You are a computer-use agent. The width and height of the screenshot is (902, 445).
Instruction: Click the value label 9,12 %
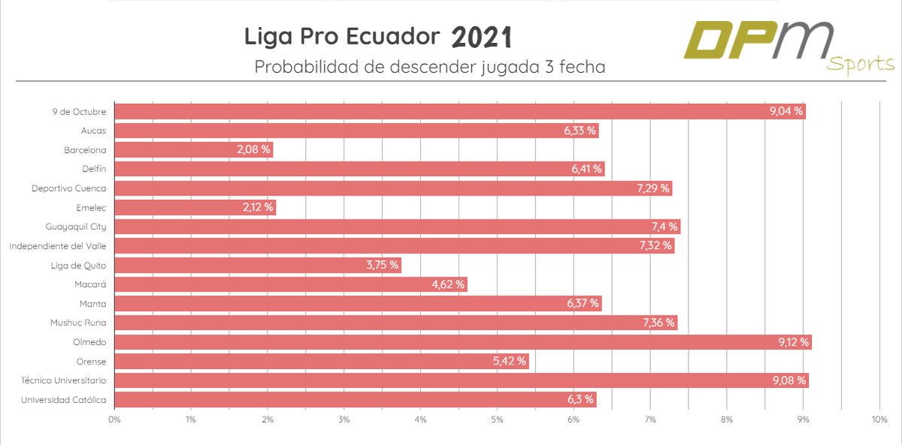[x=794, y=342]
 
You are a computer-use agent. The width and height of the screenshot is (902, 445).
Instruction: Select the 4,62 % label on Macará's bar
[x=449, y=284]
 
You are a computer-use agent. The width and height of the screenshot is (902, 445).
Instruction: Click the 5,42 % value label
[x=510, y=362]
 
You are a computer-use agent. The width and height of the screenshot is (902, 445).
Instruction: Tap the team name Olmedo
[x=89, y=342]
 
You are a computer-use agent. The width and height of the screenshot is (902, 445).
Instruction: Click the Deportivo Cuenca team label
[x=69, y=189]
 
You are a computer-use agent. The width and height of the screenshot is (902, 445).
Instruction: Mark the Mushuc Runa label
[x=80, y=322]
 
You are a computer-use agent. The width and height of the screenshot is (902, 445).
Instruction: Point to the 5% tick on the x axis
[x=497, y=419]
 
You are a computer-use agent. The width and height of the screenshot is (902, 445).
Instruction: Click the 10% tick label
[x=879, y=419]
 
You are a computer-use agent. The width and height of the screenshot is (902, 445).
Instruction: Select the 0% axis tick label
[x=114, y=419]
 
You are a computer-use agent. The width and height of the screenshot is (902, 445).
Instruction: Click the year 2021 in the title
[x=482, y=36]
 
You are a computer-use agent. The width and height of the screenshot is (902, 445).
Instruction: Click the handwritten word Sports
[x=861, y=65]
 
